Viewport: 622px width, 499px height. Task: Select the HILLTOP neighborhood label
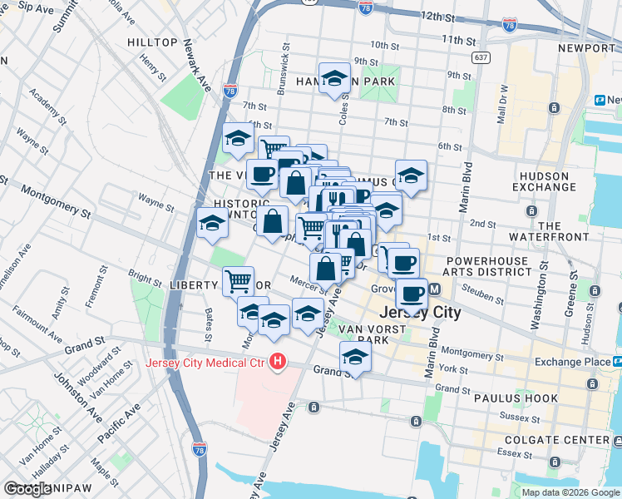coord(153,42)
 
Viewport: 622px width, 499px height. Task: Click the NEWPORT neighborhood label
coord(585,48)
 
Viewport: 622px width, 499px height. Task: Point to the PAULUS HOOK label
coord(516,398)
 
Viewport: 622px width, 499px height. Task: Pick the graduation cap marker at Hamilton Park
coord(334,77)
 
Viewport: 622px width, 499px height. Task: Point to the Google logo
coord(27,489)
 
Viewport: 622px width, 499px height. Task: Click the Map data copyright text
coord(570,492)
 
